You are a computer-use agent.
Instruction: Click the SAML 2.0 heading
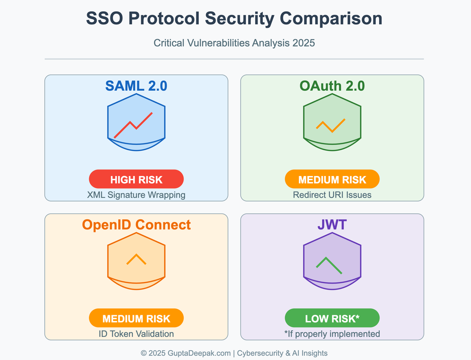pos(136,86)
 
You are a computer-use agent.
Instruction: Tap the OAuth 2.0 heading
pos(332,86)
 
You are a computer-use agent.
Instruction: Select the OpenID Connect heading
pos(136,224)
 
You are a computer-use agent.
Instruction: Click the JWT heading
pos(332,224)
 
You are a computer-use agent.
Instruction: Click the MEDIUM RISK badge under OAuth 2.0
pos(332,179)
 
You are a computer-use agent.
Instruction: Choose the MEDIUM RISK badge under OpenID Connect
pos(136,318)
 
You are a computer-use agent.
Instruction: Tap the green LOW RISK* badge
pos(332,318)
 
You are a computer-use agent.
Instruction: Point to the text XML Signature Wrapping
pos(136,194)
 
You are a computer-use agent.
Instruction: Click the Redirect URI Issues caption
pos(332,194)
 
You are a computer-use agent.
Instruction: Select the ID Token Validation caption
pos(136,334)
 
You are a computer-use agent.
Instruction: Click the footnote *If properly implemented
pos(332,334)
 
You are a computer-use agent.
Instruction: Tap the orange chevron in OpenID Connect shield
pos(136,259)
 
